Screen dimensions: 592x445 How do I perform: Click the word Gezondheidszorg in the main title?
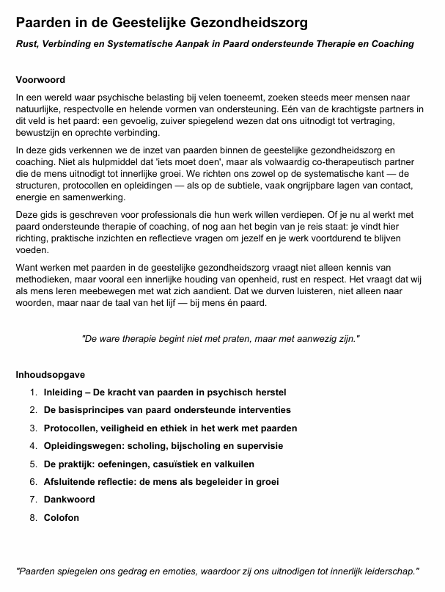point(246,23)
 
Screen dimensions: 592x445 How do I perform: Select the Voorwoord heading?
point(40,79)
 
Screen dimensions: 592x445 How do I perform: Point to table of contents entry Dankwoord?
point(69,500)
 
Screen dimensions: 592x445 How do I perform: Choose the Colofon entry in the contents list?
point(61,517)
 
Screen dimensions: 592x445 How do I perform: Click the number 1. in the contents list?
point(34,392)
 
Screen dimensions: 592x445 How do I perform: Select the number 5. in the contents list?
point(34,464)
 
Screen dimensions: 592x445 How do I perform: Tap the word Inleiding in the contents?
point(65,392)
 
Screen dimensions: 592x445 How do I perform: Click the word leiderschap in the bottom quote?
point(386,570)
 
